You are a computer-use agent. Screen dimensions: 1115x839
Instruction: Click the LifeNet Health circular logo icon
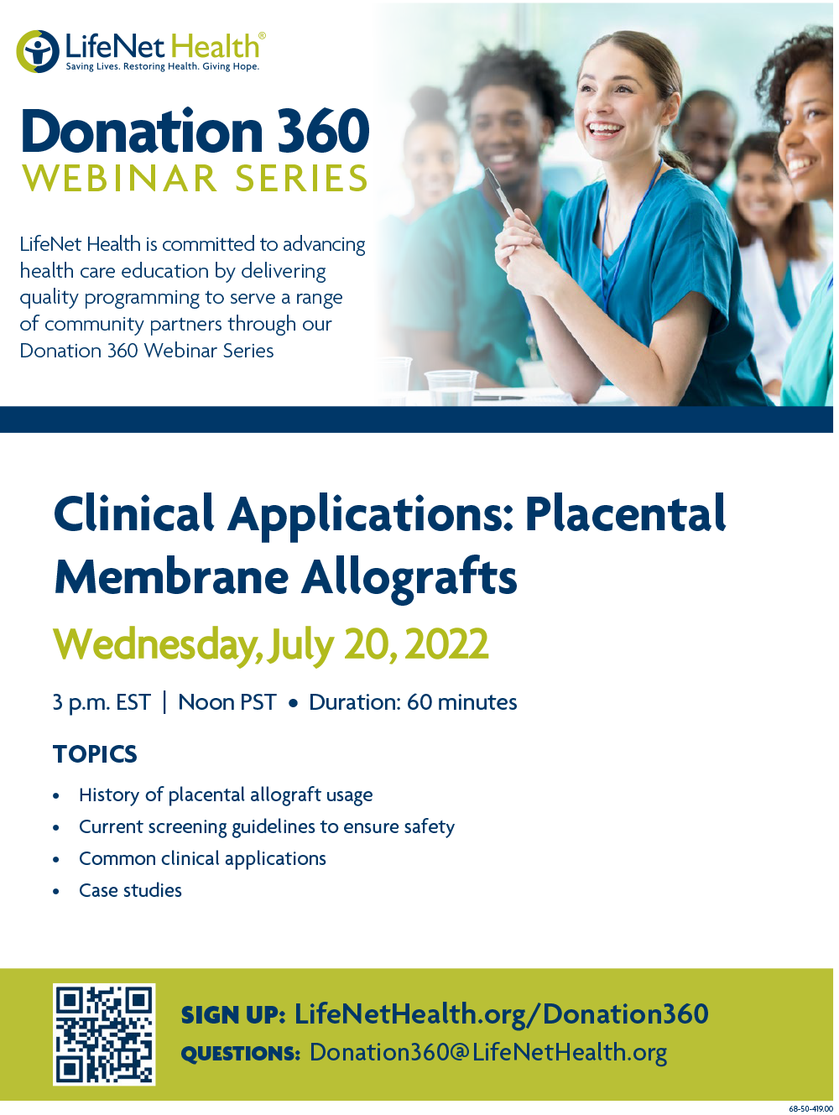[37, 51]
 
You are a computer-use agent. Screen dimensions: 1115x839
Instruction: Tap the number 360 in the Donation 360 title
[323, 132]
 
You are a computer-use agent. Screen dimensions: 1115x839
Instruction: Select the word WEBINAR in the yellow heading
[120, 179]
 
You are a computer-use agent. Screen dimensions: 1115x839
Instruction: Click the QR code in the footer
[104, 1034]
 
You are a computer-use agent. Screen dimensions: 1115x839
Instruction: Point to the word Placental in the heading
[625, 513]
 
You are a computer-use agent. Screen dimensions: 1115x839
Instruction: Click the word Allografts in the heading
[409, 577]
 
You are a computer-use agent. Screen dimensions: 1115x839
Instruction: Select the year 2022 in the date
[446, 644]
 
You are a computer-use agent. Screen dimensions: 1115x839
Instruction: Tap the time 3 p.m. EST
[101, 702]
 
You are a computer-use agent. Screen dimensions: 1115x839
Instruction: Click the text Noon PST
[227, 702]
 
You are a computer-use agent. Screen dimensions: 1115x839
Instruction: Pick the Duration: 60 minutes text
[413, 702]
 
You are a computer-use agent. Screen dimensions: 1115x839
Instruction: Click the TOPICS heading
[95, 754]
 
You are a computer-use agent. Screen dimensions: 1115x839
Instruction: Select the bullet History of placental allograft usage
[226, 795]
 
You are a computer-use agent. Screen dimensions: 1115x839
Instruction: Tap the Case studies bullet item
[130, 890]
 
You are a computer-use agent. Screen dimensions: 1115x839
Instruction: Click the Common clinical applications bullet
[202, 858]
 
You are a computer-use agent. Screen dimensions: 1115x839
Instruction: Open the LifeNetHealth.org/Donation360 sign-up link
[501, 1013]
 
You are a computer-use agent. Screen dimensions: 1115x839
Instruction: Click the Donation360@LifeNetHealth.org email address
[488, 1052]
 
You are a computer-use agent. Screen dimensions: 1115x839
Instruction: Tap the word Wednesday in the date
[155, 644]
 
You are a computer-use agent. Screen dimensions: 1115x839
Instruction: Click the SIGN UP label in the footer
[233, 1015]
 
